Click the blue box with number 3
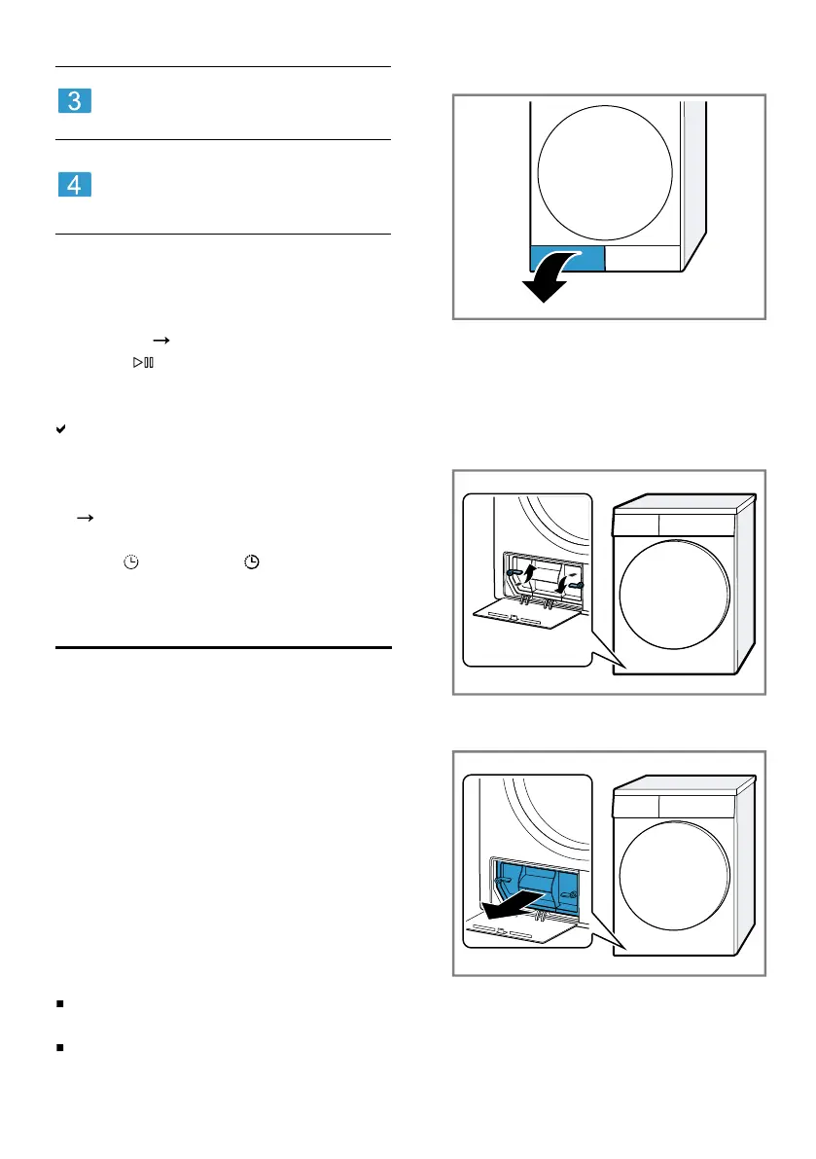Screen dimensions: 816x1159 tap(75, 100)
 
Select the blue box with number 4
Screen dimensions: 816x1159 tap(75, 184)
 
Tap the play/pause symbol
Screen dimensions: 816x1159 tap(143, 362)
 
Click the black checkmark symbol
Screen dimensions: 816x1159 tap(60, 429)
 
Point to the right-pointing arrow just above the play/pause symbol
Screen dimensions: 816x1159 tap(161, 340)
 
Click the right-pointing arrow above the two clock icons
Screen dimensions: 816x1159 tap(85, 518)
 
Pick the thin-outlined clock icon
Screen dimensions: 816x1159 tap(130, 561)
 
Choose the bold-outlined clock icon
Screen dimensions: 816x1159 tap(252, 561)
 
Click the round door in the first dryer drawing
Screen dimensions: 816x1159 tap(605, 173)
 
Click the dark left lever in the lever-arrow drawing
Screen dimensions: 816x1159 tap(514, 572)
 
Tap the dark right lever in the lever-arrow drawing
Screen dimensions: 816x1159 tap(576, 585)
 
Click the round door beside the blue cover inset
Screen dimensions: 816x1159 tap(674, 876)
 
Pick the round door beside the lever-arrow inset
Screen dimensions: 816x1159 tap(674, 595)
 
